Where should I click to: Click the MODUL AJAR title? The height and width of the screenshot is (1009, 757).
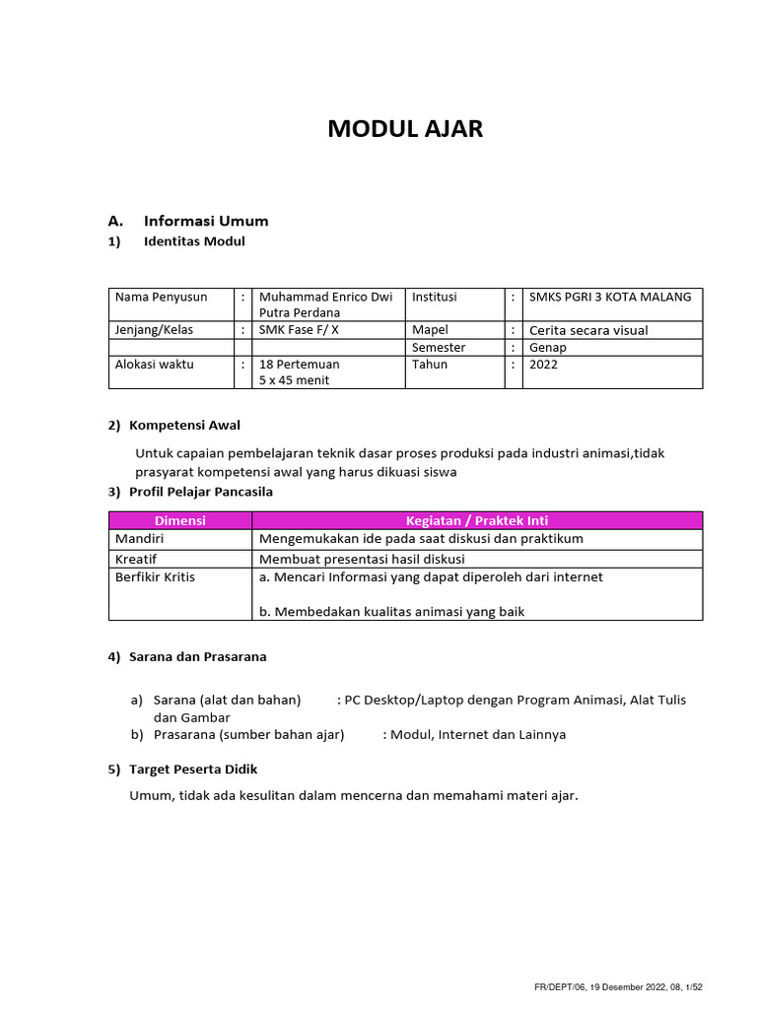coord(405,129)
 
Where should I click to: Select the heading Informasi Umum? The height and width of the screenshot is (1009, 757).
coord(205,221)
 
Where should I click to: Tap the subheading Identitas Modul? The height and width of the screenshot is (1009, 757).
coord(194,241)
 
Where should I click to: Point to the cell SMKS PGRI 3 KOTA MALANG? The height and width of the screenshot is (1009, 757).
coord(610,297)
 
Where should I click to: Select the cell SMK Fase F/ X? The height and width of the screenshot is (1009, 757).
coord(299,330)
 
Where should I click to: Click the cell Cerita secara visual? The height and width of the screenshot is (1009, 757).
coord(588,330)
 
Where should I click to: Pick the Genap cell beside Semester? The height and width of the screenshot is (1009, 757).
coord(548,347)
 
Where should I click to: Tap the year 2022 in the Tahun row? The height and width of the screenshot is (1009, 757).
coord(543,364)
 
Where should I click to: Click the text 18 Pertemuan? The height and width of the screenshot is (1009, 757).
coord(299,364)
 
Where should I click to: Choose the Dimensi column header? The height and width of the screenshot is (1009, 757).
coord(179,520)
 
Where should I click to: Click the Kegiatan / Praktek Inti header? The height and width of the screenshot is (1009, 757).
coord(477,520)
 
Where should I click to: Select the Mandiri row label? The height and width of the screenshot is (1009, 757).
coord(139,538)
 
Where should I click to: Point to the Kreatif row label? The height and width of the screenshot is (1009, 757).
coord(136,558)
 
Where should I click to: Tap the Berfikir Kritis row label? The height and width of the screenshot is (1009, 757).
coord(155,576)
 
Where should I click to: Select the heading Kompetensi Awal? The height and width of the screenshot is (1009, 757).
coord(184,426)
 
